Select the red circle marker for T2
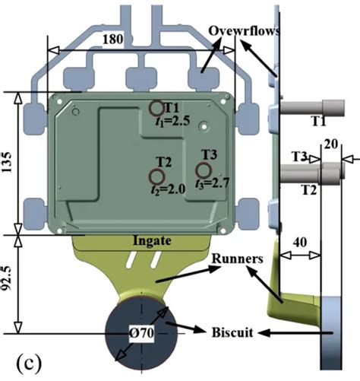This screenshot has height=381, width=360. click(x=156, y=176)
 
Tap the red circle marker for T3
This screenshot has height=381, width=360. click(x=204, y=170)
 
